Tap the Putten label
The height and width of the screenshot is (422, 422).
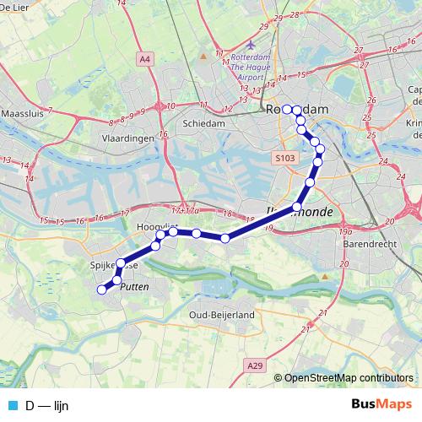[x=135, y=287]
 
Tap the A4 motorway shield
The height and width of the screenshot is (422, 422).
[x=145, y=59]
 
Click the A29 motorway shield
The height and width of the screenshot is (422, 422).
[x=256, y=365]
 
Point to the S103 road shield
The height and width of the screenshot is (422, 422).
[x=285, y=157]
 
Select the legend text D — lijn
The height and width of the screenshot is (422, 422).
[x=47, y=405]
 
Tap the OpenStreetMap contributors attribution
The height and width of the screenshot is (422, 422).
[x=348, y=377]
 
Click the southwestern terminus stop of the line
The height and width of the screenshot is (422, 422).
[x=102, y=289]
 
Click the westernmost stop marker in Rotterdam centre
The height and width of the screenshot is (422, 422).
[x=287, y=109]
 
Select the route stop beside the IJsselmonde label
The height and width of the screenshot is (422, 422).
[x=297, y=207]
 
